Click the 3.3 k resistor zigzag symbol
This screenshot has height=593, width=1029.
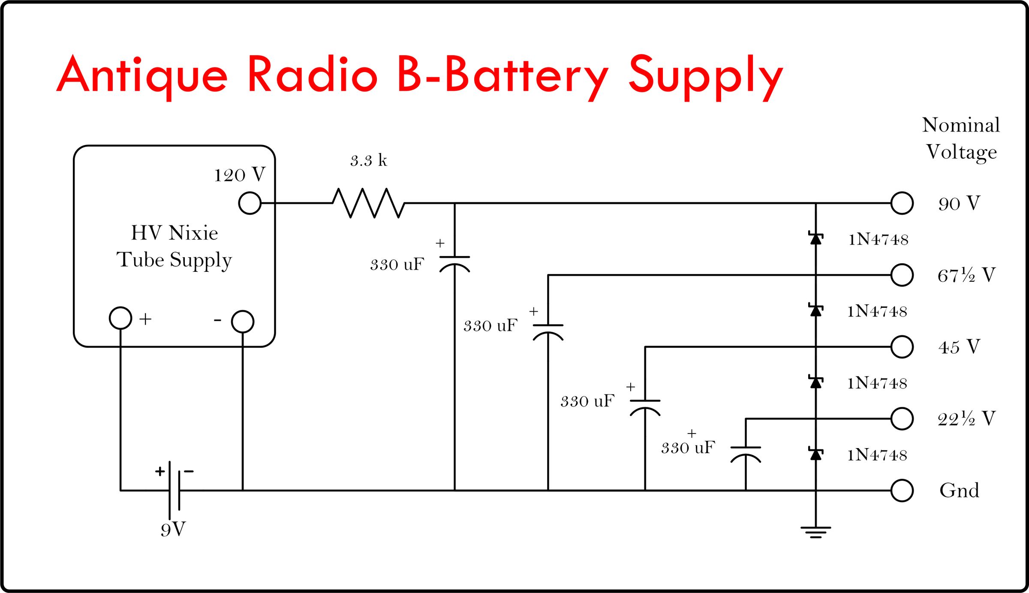pyautogui.click(x=368, y=203)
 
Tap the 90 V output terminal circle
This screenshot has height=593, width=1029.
pyautogui.click(x=902, y=203)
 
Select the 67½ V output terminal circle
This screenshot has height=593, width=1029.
pyautogui.click(x=902, y=275)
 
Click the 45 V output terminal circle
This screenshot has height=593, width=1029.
pyautogui.click(x=902, y=346)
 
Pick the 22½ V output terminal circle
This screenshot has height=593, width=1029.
pyautogui.click(x=902, y=418)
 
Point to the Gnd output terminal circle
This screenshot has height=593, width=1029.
pyautogui.click(x=902, y=490)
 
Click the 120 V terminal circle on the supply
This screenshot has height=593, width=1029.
pyautogui.click(x=250, y=203)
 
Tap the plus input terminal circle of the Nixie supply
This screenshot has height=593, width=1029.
pyautogui.click(x=120, y=318)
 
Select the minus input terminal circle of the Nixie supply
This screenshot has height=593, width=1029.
pyautogui.click(x=243, y=322)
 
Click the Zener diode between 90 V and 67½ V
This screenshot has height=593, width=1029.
pyautogui.click(x=815, y=238)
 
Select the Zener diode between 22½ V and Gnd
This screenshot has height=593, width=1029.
pyautogui.click(x=815, y=454)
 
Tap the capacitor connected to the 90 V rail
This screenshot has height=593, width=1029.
pyautogui.click(x=454, y=263)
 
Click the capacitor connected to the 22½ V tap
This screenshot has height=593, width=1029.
pyautogui.click(x=746, y=454)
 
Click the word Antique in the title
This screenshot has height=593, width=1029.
pyautogui.click(x=142, y=76)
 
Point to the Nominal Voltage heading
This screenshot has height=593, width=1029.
pyautogui.click(x=961, y=138)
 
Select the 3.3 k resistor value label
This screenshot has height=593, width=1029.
pyautogui.click(x=368, y=161)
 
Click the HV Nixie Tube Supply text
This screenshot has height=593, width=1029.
pyautogui.click(x=174, y=246)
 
